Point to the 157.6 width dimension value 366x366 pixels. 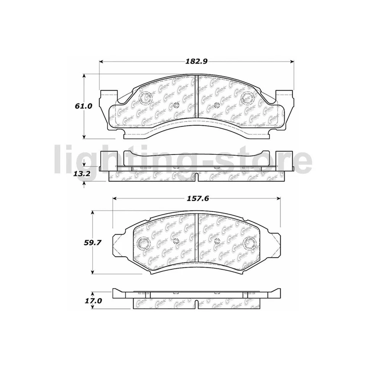click(x=197, y=198)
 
